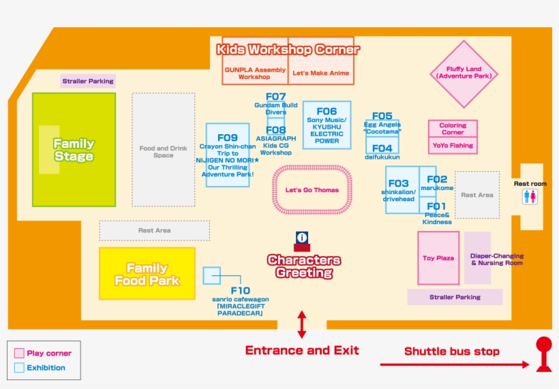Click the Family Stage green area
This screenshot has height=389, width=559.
[74, 150]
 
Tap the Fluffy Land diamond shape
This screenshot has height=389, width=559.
[464, 73]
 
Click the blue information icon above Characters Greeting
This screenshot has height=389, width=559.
[302, 238]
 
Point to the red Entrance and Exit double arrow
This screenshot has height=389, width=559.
[302, 324]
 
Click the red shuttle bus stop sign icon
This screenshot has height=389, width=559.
[543, 354]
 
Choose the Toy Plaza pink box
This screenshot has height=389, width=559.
[438, 258]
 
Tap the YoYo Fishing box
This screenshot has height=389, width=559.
[453, 146]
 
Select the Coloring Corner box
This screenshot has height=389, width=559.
[453, 128]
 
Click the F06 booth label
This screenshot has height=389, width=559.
[327, 112]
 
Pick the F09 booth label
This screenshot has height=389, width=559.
[228, 138]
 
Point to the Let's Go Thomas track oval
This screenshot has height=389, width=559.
[312, 190]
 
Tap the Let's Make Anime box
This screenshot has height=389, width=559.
[320, 73]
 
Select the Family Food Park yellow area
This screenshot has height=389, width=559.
[147, 274]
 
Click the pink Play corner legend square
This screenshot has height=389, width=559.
[19, 354]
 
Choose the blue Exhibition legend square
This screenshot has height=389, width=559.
[19, 368]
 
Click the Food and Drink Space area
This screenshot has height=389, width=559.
[163, 151]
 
